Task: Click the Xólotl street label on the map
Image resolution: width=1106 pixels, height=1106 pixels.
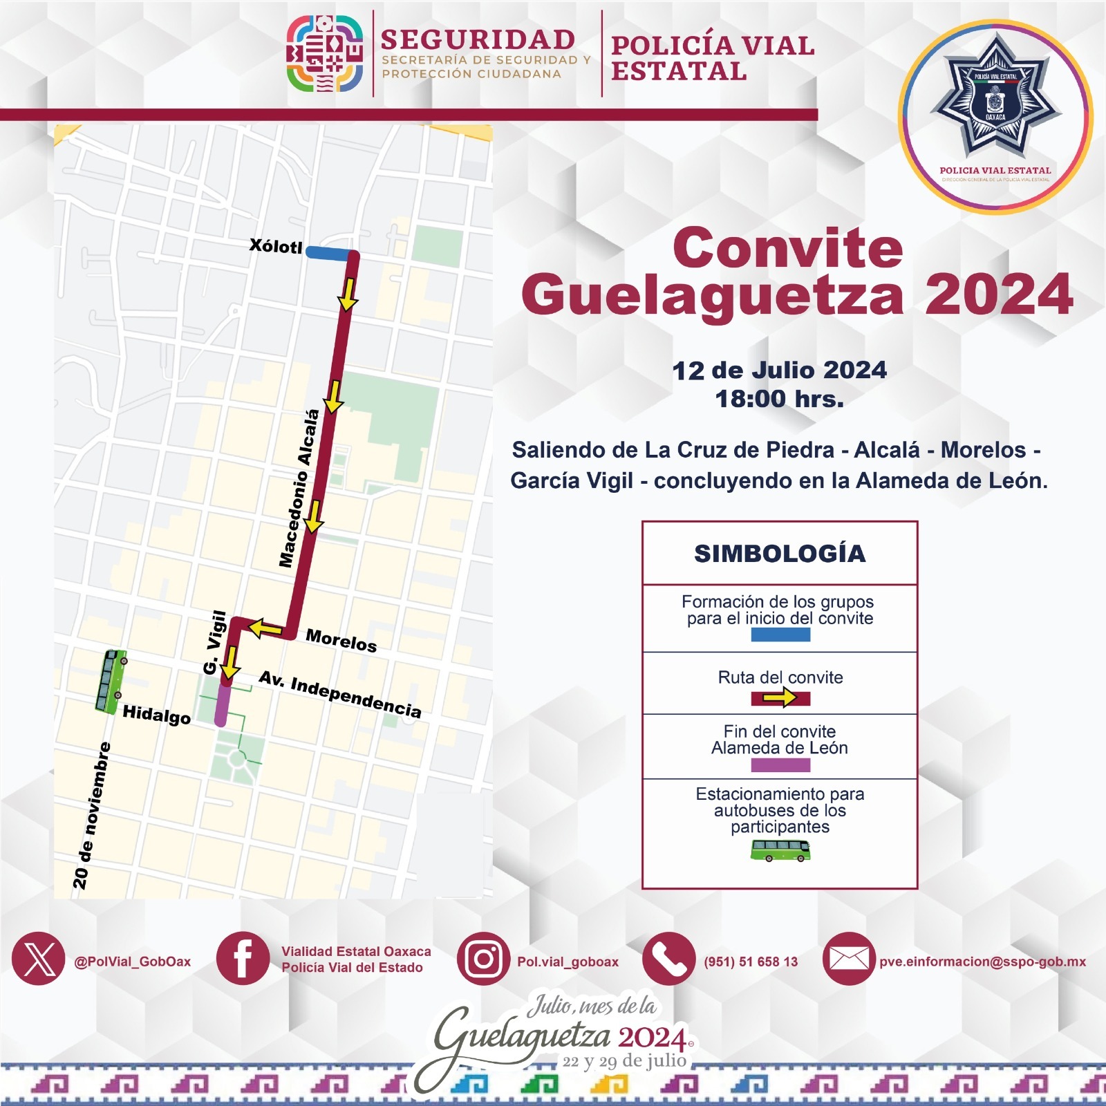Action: pyautogui.click(x=276, y=245)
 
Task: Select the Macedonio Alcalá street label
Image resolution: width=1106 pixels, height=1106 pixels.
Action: pyautogui.click(x=299, y=488)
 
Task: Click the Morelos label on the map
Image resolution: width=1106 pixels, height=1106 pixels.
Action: pyautogui.click(x=341, y=641)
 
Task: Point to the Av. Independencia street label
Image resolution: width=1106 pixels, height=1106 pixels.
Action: pyautogui.click(x=339, y=695)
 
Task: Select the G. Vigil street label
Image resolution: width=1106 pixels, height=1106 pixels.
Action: pyautogui.click(x=214, y=642)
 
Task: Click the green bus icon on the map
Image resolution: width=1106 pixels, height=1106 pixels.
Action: pyautogui.click(x=111, y=682)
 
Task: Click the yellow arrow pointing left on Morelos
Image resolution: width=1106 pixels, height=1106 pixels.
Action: pyautogui.click(x=265, y=628)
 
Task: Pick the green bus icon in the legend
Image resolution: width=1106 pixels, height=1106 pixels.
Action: pyautogui.click(x=780, y=850)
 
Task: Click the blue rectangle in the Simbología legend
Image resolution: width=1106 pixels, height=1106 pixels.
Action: pyautogui.click(x=780, y=635)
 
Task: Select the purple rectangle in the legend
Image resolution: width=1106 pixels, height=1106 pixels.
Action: pyautogui.click(x=780, y=765)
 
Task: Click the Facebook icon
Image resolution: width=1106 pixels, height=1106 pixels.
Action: pyautogui.click(x=243, y=959)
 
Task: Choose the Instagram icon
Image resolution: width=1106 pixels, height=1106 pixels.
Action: pyautogui.click(x=483, y=959)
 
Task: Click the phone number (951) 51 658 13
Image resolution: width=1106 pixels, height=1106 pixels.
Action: pyautogui.click(x=750, y=962)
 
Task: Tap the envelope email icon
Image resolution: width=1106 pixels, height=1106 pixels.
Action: pyautogui.click(x=848, y=959)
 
